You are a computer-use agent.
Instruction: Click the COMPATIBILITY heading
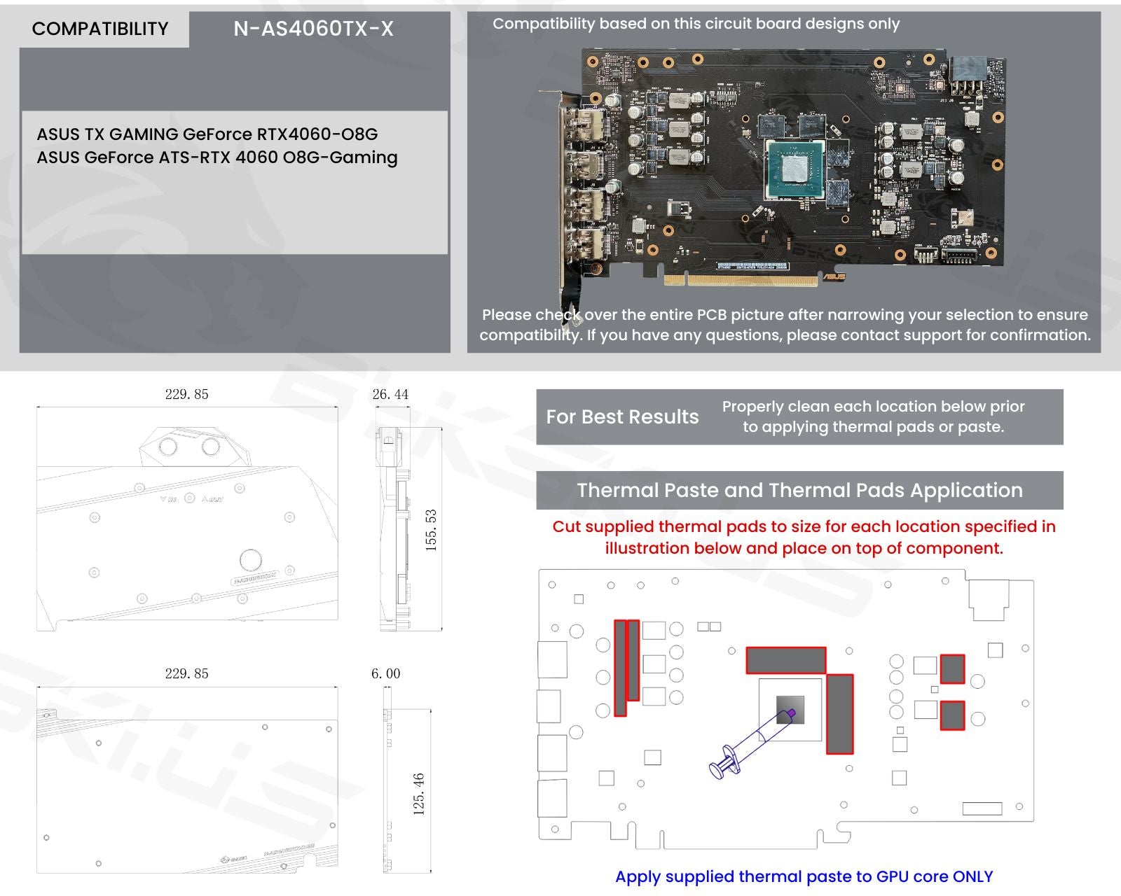(100, 29)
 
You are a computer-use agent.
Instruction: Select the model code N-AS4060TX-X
(313, 29)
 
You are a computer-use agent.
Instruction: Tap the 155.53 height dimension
(431, 530)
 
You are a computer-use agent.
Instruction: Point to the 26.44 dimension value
(390, 395)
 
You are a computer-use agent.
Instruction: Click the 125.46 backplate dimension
(419, 794)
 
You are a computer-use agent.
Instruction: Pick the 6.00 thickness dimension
(385, 674)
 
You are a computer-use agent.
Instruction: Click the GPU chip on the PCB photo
(794, 167)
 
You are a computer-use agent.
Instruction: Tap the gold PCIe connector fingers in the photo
(741, 281)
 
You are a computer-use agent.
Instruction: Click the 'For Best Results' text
(622, 417)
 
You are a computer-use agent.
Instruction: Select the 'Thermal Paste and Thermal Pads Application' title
(799, 490)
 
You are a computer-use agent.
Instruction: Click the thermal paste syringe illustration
(750, 743)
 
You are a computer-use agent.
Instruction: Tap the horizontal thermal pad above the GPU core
(785, 660)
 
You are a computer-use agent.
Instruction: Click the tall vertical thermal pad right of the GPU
(839, 714)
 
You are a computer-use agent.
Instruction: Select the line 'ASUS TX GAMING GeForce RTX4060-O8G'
(207, 134)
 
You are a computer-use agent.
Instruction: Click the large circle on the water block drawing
(250, 560)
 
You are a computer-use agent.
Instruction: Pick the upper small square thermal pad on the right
(952, 668)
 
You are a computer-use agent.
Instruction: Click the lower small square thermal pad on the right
(952, 715)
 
